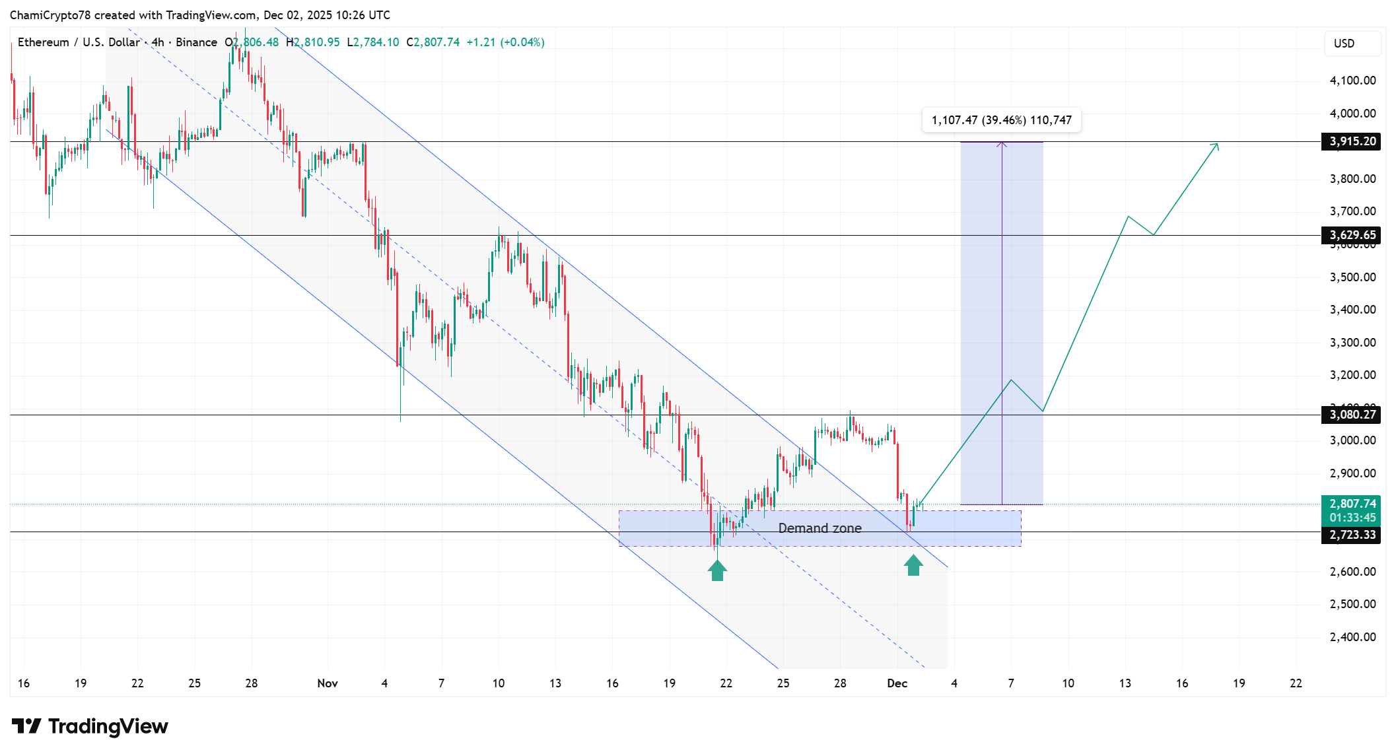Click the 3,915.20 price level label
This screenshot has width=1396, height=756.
(x=1351, y=141)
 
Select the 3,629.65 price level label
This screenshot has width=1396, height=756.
(x=1351, y=235)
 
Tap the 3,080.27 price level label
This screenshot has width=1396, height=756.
(x=1351, y=415)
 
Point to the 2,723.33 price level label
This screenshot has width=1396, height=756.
(x=1351, y=535)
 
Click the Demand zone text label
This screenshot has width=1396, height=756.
(x=820, y=528)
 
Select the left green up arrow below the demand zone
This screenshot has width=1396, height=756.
(x=717, y=570)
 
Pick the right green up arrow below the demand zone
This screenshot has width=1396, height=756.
(x=913, y=565)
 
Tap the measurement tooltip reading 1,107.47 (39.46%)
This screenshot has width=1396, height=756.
(x=1001, y=120)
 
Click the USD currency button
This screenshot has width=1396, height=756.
(x=1344, y=44)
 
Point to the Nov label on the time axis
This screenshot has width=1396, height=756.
(x=327, y=683)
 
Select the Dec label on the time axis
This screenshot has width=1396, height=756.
(x=897, y=683)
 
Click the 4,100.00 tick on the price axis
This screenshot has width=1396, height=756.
(x=1352, y=81)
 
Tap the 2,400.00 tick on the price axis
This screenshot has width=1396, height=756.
(x=1352, y=637)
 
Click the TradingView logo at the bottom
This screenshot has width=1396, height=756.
(x=90, y=726)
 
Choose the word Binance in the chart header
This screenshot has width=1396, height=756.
(x=196, y=42)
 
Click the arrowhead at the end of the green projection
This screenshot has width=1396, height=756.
(x=1216, y=145)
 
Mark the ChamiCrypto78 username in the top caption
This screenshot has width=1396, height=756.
(x=50, y=15)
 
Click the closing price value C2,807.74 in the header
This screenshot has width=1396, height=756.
(x=433, y=42)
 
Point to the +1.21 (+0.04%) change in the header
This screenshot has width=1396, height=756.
(x=505, y=42)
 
